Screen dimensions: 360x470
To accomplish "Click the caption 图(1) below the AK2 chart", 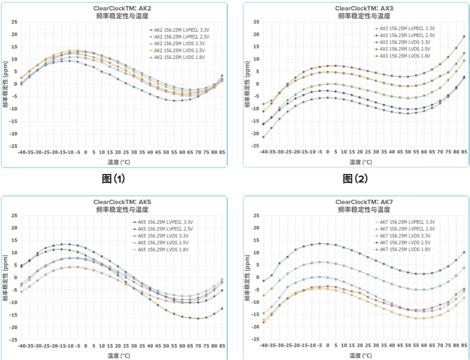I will (113, 179).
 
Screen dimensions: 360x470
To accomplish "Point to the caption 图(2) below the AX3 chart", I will (355, 179).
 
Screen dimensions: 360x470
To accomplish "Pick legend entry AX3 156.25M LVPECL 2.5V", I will (406, 35).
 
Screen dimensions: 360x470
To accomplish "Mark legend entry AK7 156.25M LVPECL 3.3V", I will (406, 221).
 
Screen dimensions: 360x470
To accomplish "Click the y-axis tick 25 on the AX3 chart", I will (256, 22).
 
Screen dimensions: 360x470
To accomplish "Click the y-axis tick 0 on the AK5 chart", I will (16, 277).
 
